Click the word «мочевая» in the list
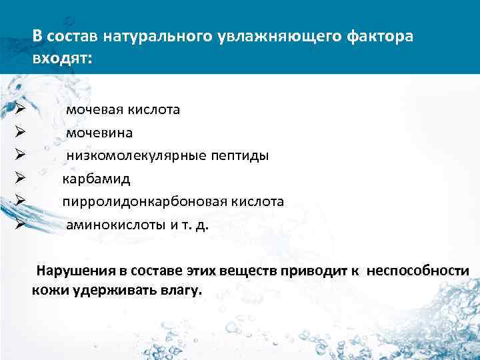click(93, 109)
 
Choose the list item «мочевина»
click(99, 133)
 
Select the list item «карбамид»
click(97, 179)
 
